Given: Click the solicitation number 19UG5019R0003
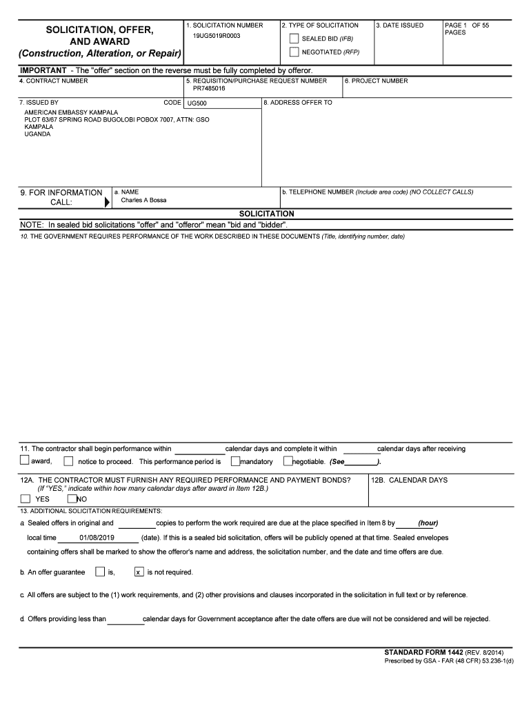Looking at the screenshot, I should (x=217, y=35).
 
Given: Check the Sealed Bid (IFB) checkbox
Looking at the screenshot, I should (x=294, y=39).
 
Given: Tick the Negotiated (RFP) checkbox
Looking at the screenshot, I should (x=294, y=52).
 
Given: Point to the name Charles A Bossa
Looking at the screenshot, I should (x=143, y=201).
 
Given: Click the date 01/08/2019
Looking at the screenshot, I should (x=97, y=537).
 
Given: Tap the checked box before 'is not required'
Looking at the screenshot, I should (x=139, y=572).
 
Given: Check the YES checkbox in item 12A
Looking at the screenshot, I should (x=26, y=498).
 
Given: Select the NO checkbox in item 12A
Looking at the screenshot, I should (x=72, y=498).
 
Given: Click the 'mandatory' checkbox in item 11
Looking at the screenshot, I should (x=235, y=461).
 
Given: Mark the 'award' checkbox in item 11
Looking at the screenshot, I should (x=25, y=461).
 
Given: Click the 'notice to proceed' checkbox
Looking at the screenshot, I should (x=68, y=461).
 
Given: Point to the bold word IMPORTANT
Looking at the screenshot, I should (x=43, y=70).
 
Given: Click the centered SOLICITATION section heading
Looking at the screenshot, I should (x=266, y=214).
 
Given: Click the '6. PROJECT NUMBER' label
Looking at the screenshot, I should (x=377, y=81).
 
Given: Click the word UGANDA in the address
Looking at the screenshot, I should (x=37, y=134).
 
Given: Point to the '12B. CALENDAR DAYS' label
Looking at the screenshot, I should (x=410, y=480).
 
